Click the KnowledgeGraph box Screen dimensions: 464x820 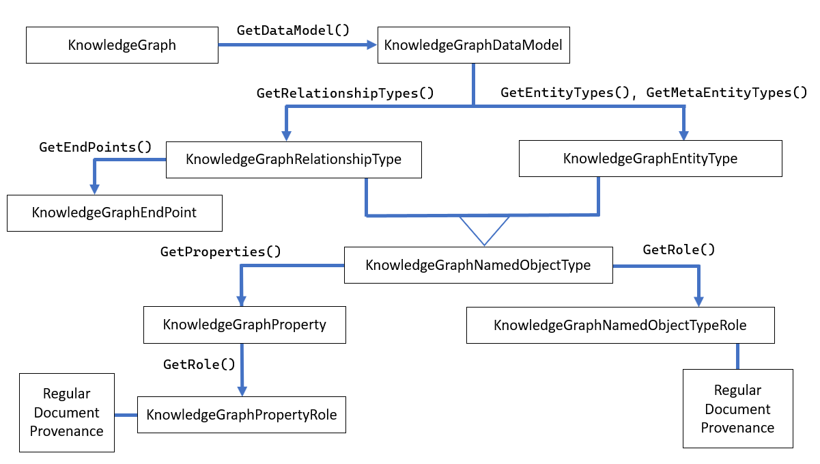122,45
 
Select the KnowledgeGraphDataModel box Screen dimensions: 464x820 473,45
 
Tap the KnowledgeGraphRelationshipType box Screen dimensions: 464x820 294,159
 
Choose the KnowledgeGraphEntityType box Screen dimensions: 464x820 650,159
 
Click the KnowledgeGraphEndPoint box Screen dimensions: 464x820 114,213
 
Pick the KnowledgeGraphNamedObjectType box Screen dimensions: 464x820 478,264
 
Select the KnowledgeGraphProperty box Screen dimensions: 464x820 244,324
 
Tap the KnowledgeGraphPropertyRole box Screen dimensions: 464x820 242,414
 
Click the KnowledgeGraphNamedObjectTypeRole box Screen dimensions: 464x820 620,325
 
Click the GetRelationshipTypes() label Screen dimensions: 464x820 345,93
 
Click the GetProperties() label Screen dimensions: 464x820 221,251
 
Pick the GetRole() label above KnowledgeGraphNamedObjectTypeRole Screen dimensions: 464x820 679,249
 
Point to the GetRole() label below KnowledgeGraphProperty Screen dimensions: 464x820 201,364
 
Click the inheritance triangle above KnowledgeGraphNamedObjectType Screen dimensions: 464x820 483,229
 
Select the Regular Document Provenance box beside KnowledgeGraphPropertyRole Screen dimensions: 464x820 67,412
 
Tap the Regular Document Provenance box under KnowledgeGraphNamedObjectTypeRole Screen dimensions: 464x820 737,409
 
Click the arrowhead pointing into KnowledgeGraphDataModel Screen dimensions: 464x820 372,45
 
